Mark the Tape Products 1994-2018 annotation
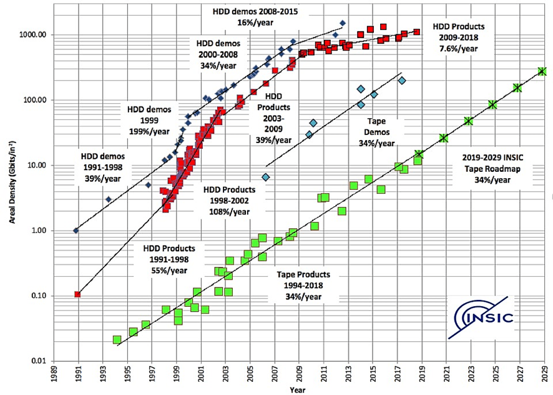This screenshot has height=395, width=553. click(x=304, y=286)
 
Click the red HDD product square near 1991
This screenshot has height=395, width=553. click(x=77, y=294)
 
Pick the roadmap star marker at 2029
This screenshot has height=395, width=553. click(x=543, y=71)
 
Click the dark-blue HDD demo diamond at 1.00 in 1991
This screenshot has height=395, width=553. click(x=76, y=231)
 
